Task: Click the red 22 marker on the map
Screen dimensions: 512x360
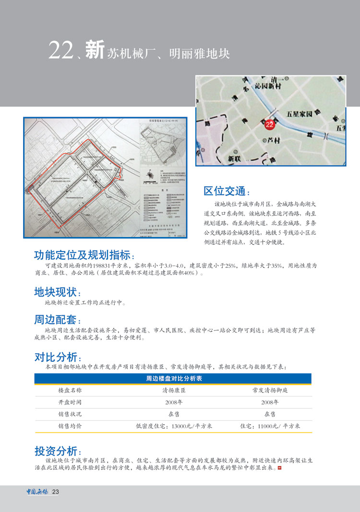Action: click(x=269, y=125)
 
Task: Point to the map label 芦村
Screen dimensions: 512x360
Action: click(x=272, y=141)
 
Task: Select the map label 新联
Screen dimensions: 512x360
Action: click(x=234, y=158)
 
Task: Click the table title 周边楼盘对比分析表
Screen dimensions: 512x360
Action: click(x=173, y=379)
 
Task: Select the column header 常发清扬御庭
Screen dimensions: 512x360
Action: click(x=270, y=391)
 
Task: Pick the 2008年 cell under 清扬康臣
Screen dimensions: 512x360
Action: click(x=174, y=402)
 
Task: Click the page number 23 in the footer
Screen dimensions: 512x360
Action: click(x=56, y=492)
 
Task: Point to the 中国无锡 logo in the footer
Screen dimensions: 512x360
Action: click(x=37, y=491)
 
